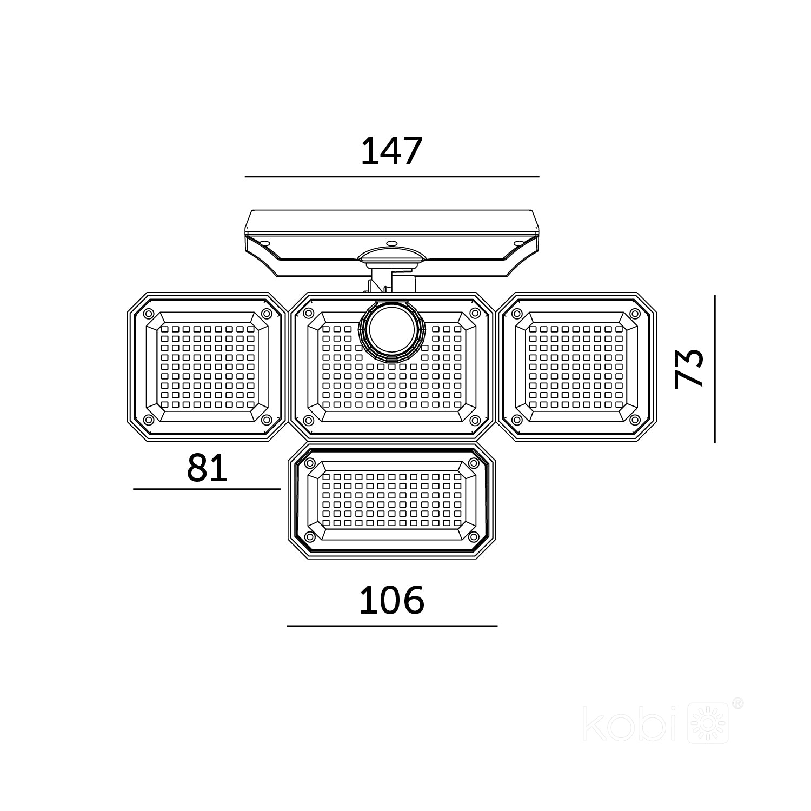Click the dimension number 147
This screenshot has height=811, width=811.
(x=390, y=151)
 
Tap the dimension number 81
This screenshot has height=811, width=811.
(x=207, y=468)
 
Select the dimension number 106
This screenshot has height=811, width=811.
(x=391, y=600)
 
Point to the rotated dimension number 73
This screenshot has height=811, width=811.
(x=689, y=368)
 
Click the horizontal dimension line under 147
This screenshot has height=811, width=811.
(x=392, y=176)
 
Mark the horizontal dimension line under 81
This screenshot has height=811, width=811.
(x=207, y=489)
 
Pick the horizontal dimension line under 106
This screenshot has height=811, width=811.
(x=392, y=626)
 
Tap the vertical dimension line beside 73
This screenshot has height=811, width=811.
(x=715, y=369)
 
